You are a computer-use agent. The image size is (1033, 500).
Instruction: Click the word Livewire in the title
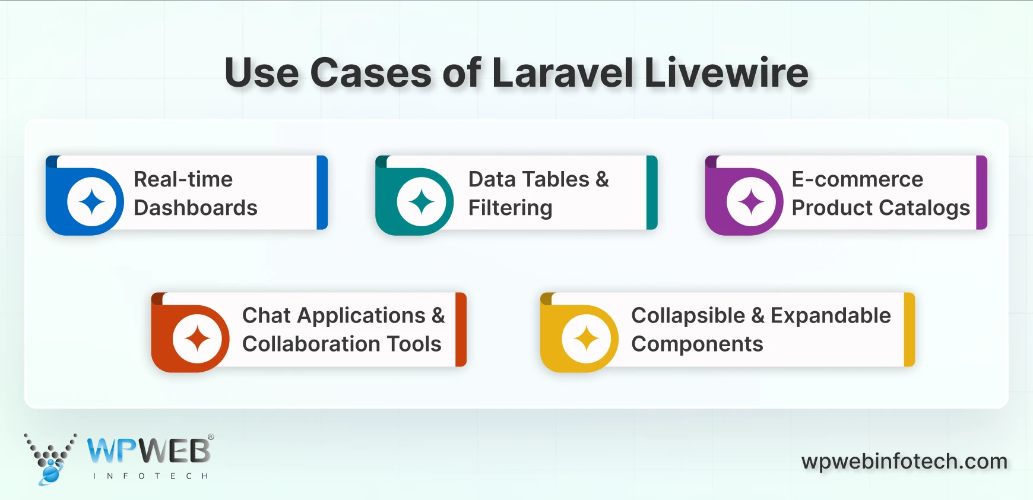[725, 73]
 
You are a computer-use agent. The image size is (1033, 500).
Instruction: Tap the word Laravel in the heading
[563, 73]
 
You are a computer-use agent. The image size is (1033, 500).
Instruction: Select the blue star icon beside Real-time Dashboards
[92, 202]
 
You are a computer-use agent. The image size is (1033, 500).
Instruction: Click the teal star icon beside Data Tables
[422, 202]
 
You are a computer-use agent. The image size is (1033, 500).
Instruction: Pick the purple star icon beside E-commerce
[751, 202]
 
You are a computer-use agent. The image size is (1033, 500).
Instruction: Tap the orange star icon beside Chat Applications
[197, 339]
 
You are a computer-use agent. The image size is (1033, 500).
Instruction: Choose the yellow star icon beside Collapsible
[587, 339]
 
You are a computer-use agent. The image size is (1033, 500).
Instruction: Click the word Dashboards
[195, 208]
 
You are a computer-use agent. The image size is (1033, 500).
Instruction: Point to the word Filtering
[510, 208]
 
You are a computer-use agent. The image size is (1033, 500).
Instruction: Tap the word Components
[697, 344]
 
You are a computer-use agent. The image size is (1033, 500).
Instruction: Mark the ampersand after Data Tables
[602, 179]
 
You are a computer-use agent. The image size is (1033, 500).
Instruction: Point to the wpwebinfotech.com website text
[904, 461]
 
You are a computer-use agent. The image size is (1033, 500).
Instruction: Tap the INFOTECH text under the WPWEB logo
[151, 476]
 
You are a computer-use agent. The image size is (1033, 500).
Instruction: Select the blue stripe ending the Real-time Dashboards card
[322, 192]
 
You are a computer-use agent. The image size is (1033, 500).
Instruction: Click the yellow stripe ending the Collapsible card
[909, 330]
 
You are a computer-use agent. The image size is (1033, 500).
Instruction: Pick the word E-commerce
[857, 179]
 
